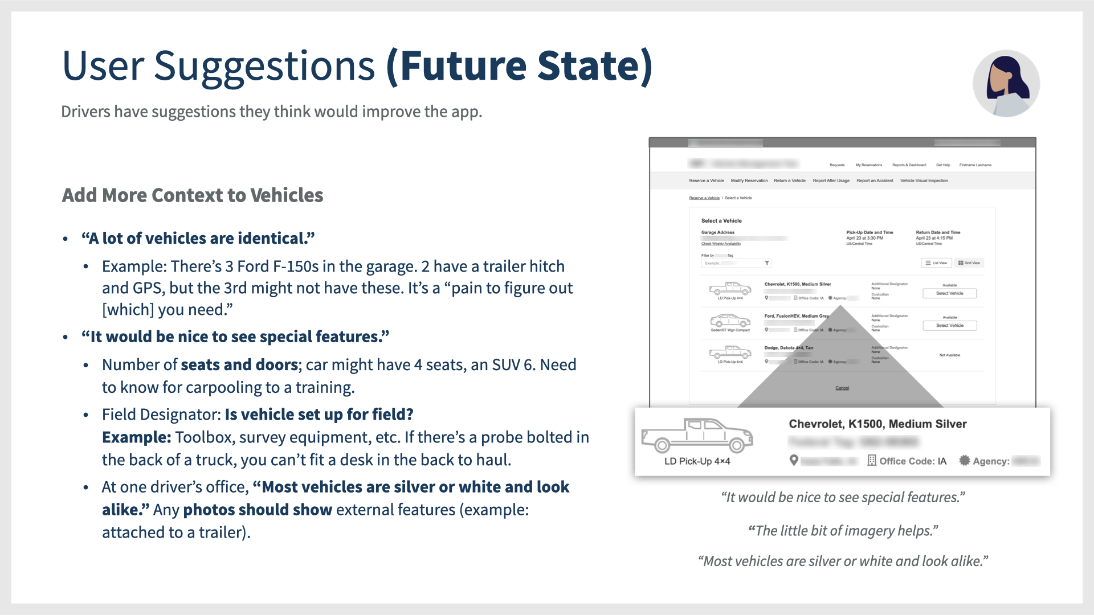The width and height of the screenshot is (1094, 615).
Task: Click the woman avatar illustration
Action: coord(1006,83)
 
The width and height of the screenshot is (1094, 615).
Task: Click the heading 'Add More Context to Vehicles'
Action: coord(193,195)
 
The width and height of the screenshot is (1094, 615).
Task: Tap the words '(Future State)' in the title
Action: coord(519,66)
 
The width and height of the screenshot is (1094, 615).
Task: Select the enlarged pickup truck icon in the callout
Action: coord(697,436)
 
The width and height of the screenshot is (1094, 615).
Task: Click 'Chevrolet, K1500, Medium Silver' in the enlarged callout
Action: coord(877,424)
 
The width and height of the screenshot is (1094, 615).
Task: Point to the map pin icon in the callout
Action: coord(794,460)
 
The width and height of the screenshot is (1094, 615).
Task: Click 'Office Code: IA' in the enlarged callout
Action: coord(912,461)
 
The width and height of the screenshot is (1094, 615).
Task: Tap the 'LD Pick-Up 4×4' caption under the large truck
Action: coord(697,461)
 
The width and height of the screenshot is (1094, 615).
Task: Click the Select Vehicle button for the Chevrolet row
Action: coord(949,293)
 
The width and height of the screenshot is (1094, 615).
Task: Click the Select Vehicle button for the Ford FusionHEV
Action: coord(949,326)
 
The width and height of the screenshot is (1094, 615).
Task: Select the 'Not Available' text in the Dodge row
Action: coord(949,355)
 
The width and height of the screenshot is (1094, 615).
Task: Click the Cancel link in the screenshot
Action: coord(842,388)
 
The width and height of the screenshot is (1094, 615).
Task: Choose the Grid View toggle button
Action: coord(969,263)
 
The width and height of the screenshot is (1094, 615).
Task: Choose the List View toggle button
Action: coord(936,263)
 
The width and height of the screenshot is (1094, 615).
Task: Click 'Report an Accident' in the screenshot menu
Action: coord(875,181)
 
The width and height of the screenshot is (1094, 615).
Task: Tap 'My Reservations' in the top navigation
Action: coord(868,165)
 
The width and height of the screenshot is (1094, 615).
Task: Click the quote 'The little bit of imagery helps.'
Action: coord(843,531)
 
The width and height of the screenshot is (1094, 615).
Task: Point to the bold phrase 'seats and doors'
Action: coord(239,365)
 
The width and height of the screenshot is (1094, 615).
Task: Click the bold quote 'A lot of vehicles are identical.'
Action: coord(198,239)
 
